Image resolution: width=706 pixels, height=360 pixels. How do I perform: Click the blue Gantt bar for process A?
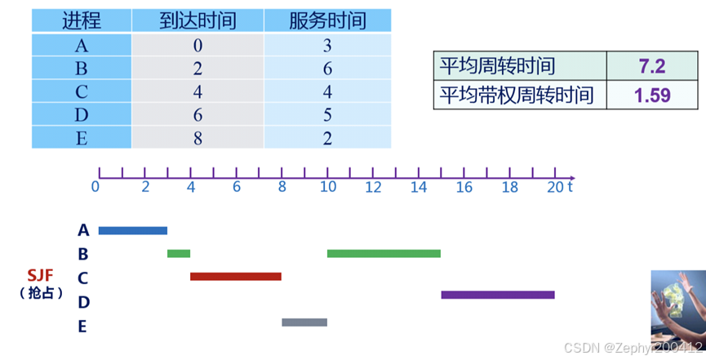pos(132,231)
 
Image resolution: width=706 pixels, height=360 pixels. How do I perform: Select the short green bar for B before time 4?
pos(179,254)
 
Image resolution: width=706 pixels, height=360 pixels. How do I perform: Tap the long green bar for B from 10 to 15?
pos(384,254)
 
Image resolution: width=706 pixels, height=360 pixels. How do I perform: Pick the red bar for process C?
pos(236,277)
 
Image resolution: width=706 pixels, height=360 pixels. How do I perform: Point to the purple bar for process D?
pos(498,295)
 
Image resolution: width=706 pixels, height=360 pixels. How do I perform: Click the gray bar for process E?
pos(304,322)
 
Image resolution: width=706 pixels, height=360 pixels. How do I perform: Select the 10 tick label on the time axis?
pos(327,187)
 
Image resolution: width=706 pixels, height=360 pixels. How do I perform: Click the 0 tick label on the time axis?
pos(96,187)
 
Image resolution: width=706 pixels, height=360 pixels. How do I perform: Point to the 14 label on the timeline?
pos(419,187)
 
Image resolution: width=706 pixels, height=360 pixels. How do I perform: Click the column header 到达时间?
pos(198,20)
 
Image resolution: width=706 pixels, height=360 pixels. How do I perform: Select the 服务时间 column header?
pos(327,20)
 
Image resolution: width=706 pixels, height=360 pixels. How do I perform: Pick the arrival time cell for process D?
pos(198,115)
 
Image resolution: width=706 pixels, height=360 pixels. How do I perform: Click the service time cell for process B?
pos(327,69)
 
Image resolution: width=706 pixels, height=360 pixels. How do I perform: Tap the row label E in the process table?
pos(81,138)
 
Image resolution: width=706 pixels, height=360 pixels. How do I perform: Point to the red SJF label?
pos(41,275)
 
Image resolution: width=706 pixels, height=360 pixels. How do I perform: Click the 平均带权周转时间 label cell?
pos(521,96)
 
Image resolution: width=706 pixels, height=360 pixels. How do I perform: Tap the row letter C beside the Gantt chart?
pos(83,278)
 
